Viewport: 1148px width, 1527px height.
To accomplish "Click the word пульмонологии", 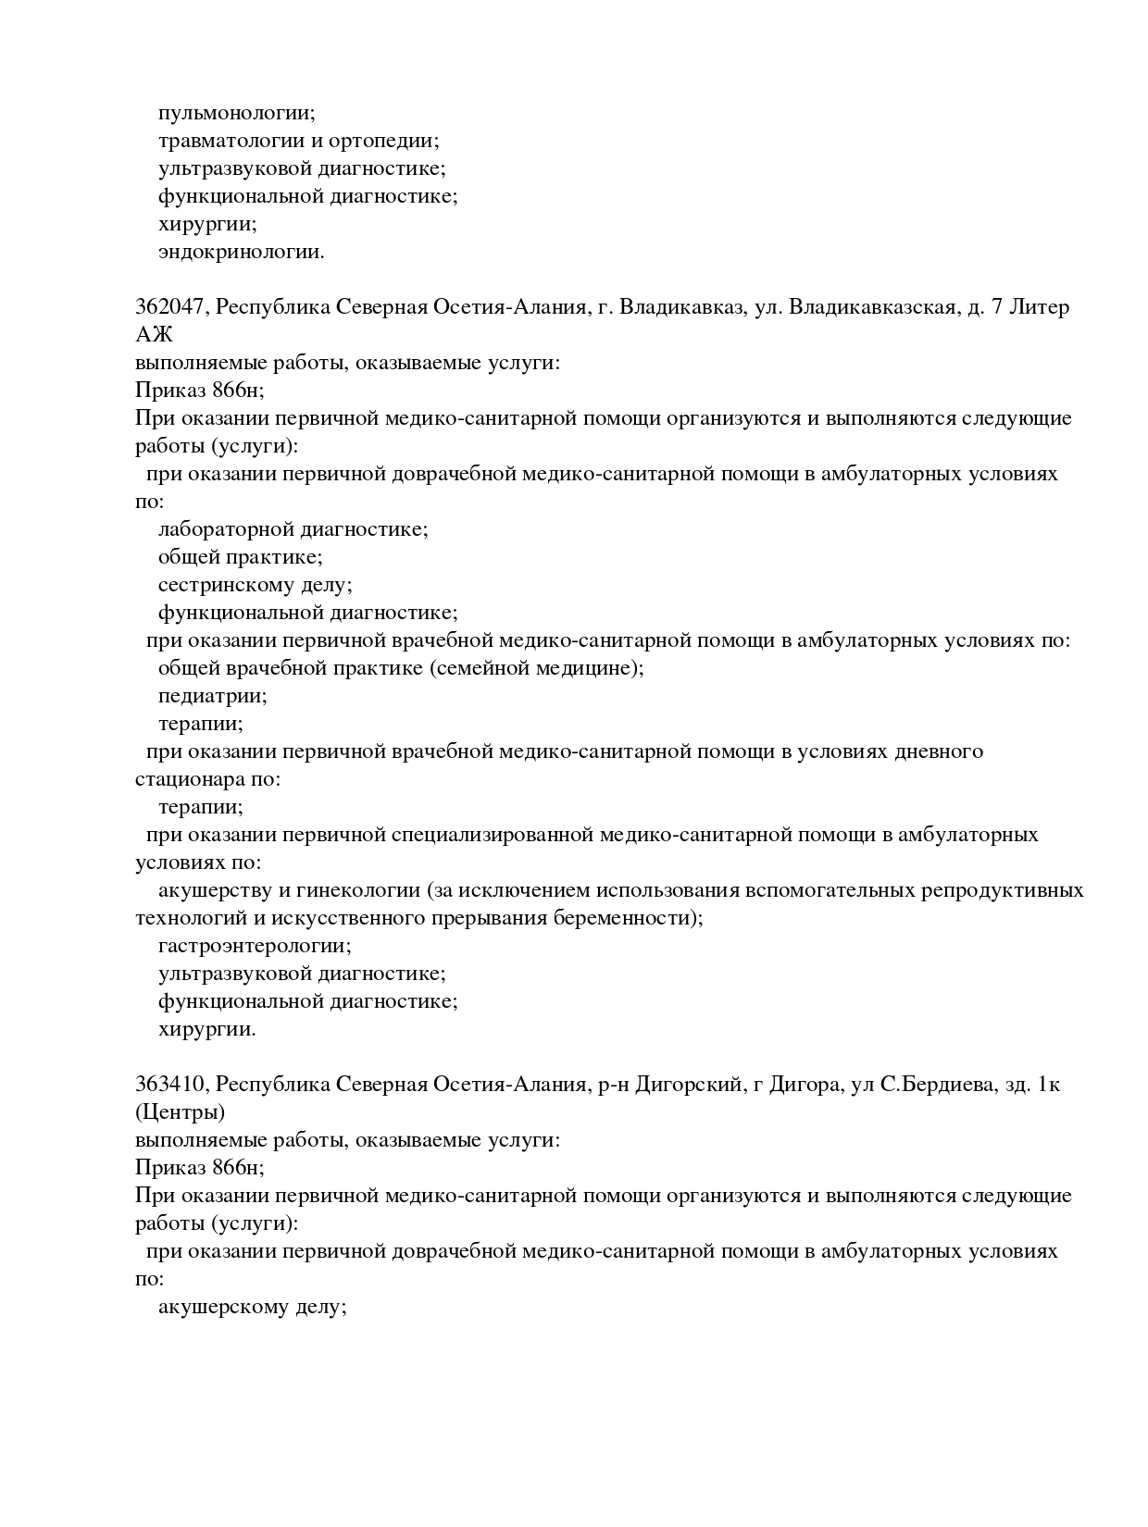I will [x=236, y=113].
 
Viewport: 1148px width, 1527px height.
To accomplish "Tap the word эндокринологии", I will [x=241, y=252].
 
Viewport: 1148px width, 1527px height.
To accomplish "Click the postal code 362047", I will [x=170, y=307].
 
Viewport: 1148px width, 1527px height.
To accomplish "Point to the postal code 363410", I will [x=170, y=1085].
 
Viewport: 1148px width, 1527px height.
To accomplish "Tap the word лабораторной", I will [x=227, y=529].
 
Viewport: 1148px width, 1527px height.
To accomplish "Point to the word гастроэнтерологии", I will [x=255, y=946].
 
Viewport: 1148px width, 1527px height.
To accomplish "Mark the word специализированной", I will [x=492, y=835].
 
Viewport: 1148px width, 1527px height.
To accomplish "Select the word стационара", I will [x=190, y=779].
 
